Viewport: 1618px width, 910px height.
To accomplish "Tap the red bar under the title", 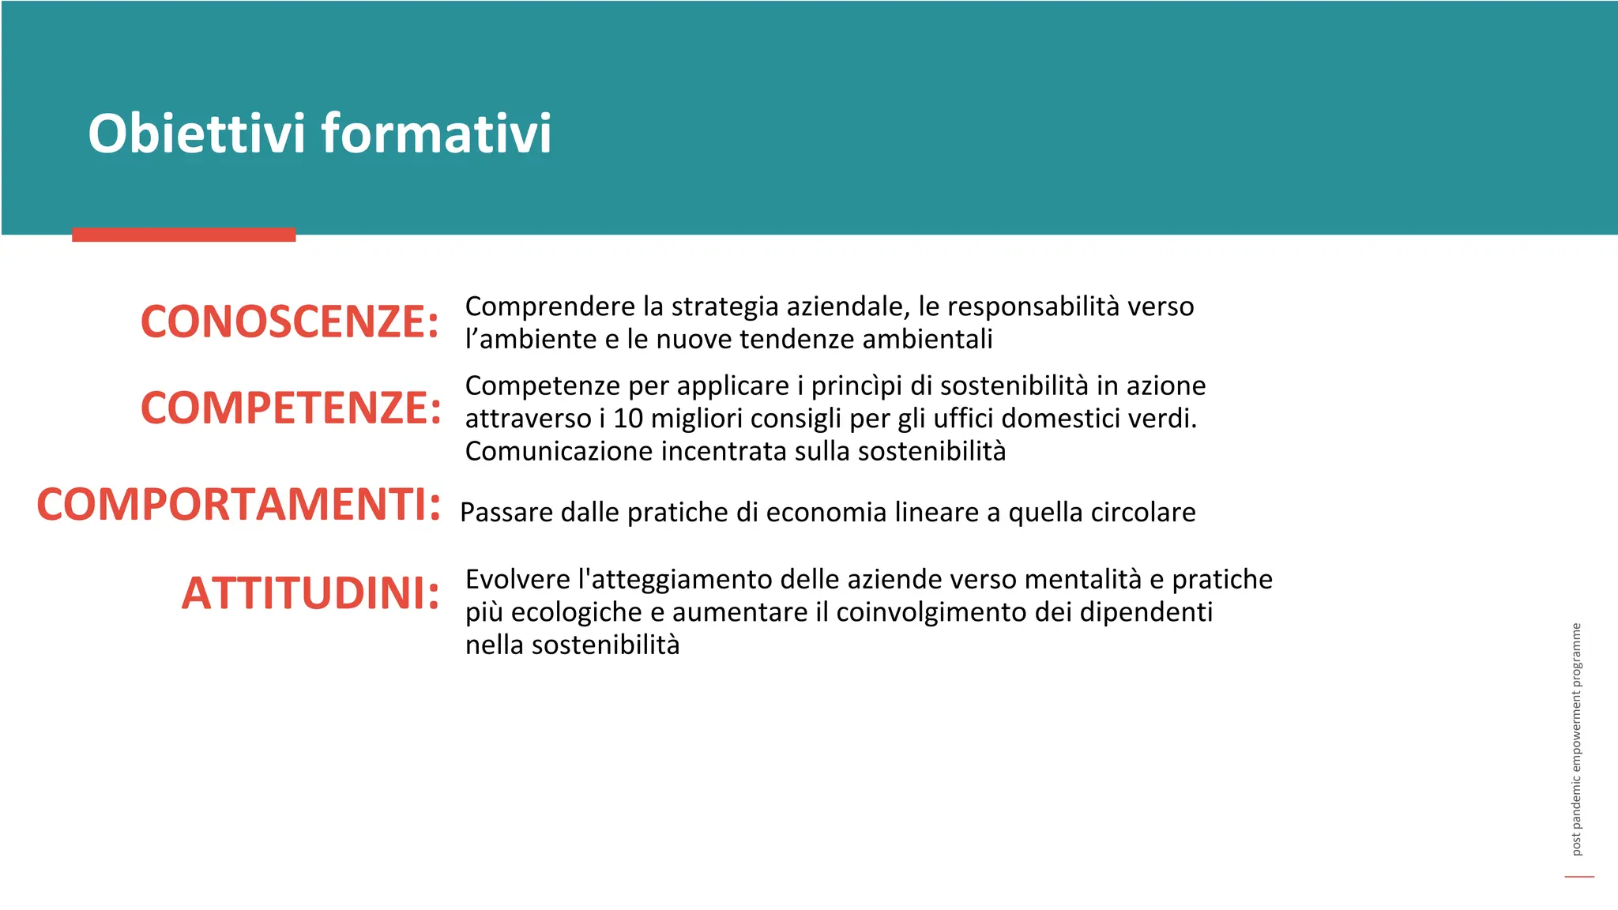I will click(x=183, y=235).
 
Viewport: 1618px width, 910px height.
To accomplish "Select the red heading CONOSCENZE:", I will click(x=289, y=322).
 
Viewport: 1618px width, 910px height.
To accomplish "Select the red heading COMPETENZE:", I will click(x=291, y=408).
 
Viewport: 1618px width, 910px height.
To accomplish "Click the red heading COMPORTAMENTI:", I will click(x=239, y=504).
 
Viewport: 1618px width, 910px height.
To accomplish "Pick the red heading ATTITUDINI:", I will click(x=310, y=592).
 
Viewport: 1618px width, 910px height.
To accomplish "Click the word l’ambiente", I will click(x=531, y=340).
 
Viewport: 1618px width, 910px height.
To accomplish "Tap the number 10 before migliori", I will click(x=628, y=419).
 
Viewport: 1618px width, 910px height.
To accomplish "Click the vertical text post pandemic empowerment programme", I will click(x=1576, y=739).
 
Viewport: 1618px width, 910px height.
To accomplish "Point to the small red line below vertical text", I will click(x=1579, y=876).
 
